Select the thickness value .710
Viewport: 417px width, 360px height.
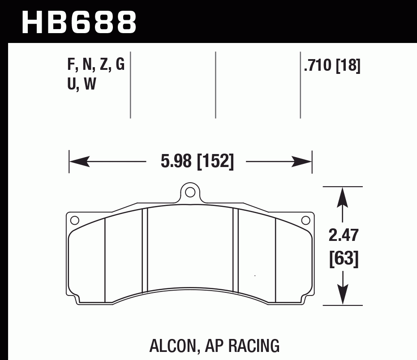click(318, 66)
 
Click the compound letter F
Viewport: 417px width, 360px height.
click(70, 65)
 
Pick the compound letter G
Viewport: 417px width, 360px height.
click(120, 65)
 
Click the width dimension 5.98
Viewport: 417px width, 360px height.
click(176, 161)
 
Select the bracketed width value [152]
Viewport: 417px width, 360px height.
click(215, 161)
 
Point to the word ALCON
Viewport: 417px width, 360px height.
click(172, 346)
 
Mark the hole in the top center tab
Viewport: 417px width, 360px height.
click(190, 193)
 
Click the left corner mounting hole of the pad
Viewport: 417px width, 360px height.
click(75, 220)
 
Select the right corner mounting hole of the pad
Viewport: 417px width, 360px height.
click(306, 220)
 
